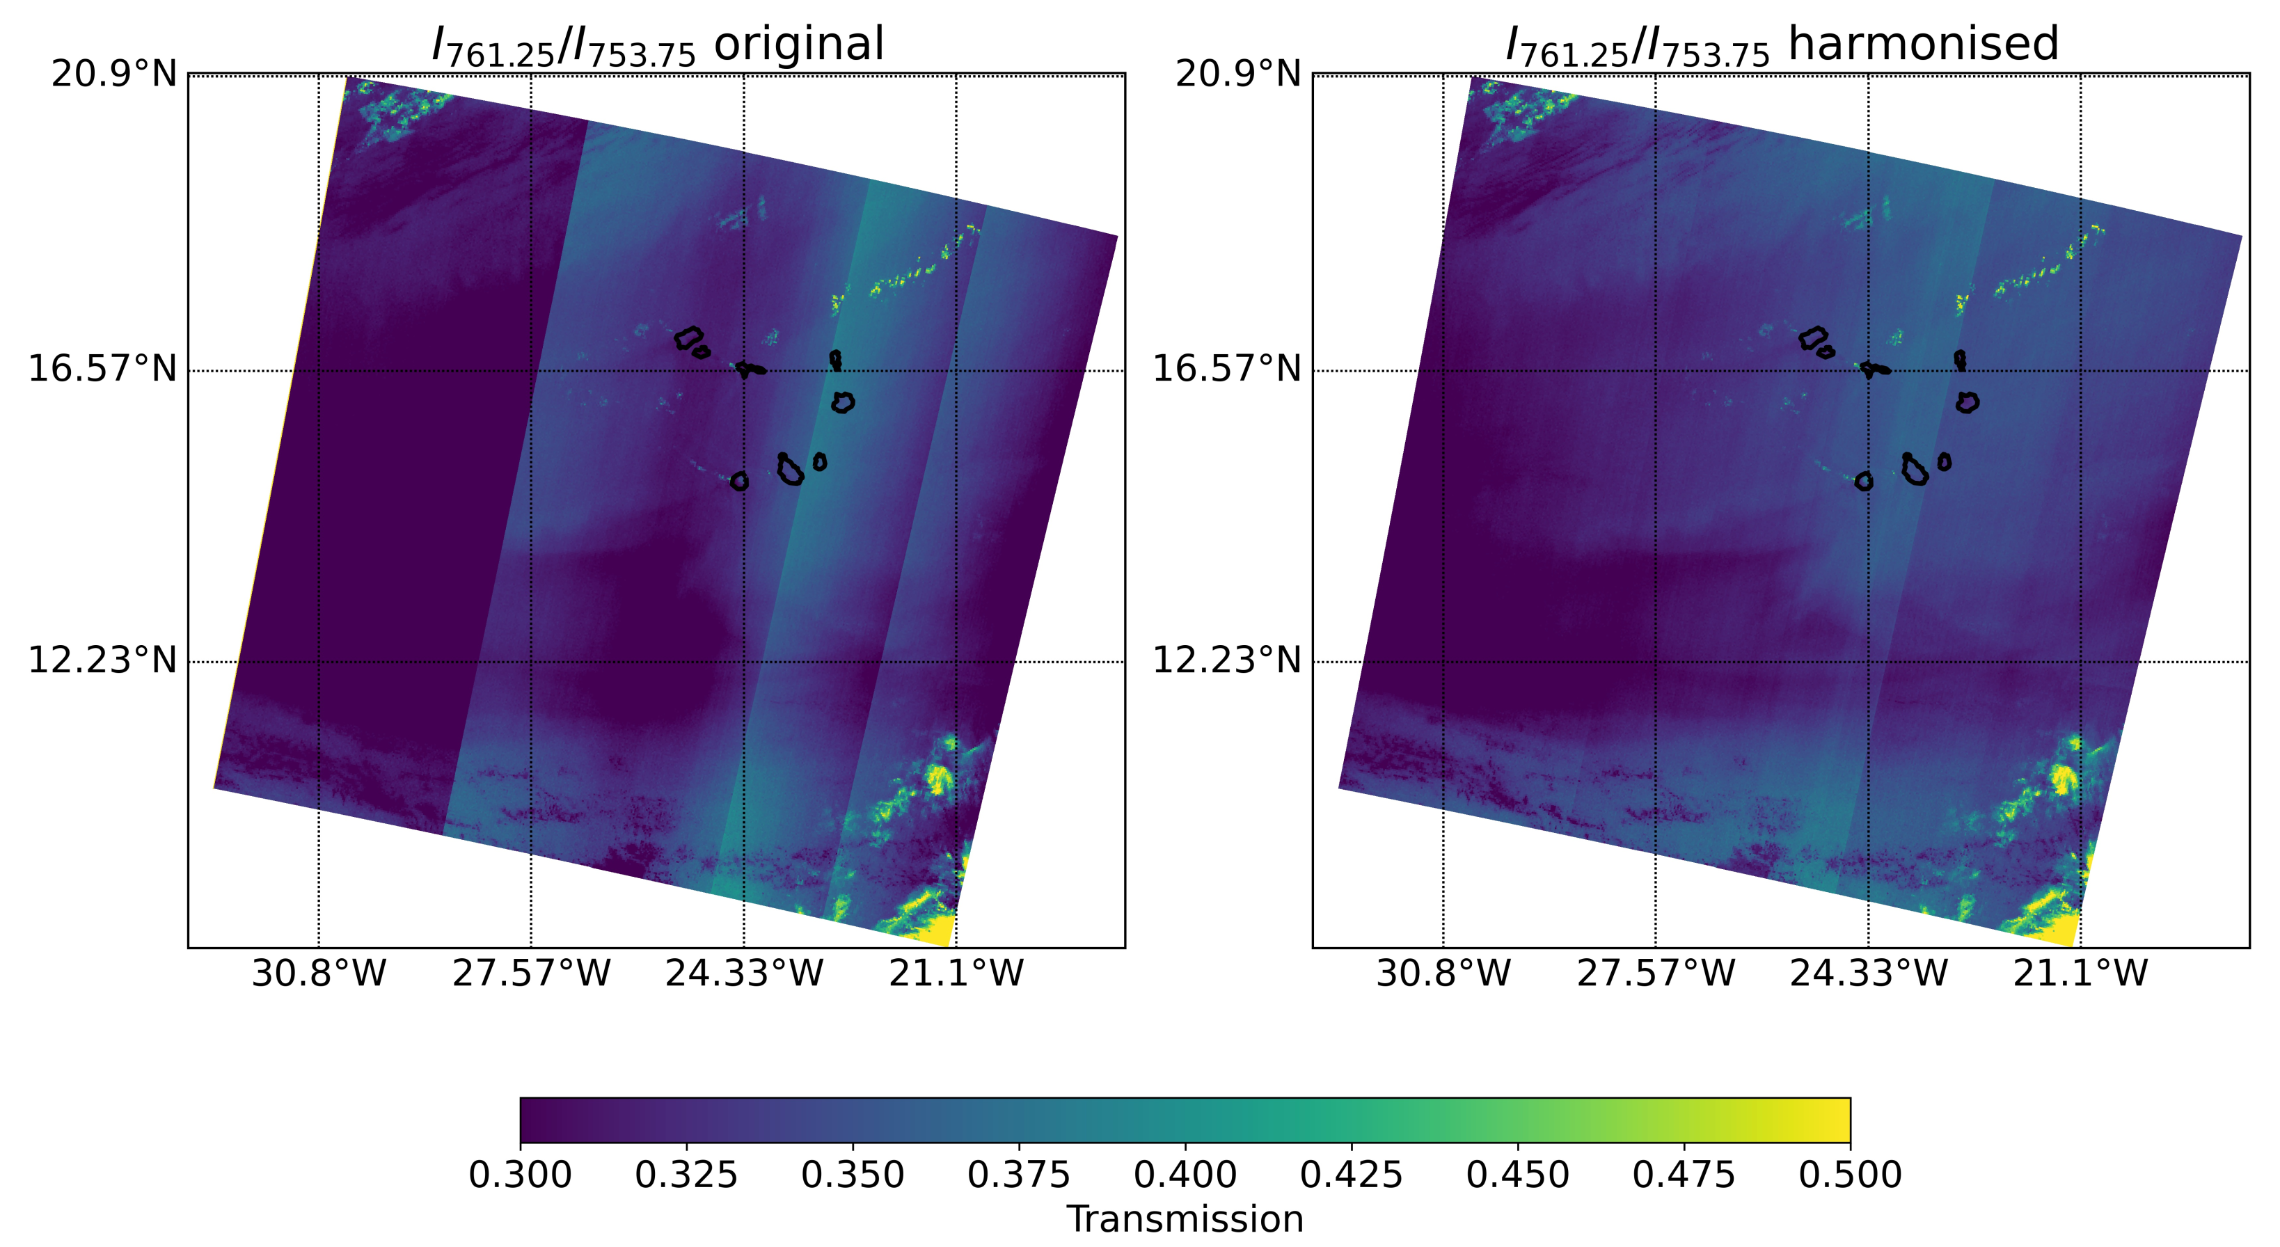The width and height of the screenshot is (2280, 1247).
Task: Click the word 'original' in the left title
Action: pyautogui.click(x=798, y=45)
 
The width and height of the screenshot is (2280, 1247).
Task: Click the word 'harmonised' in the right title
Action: pyautogui.click(x=1922, y=45)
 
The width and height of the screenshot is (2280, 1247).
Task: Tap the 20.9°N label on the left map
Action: pyautogui.click(x=114, y=74)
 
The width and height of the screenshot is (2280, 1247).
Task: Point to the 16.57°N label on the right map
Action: pyautogui.click(x=1226, y=368)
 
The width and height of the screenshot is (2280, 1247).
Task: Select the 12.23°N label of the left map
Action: pyautogui.click(x=102, y=660)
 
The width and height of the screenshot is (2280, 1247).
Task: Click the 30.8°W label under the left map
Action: pyautogui.click(x=319, y=974)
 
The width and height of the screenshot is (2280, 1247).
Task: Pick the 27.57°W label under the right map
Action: pyautogui.click(x=1656, y=974)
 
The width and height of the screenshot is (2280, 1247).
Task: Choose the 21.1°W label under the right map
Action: pyautogui.click(x=2080, y=974)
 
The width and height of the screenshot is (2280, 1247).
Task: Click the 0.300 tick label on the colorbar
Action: pyautogui.click(x=520, y=1175)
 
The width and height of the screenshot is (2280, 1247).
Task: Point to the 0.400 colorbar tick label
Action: pyautogui.click(x=1185, y=1175)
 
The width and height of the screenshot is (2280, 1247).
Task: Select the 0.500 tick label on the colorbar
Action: pyautogui.click(x=1850, y=1175)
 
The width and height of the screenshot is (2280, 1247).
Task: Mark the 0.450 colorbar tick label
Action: pyautogui.click(x=1517, y=1175)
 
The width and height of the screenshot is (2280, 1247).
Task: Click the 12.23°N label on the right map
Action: pyautogui.click(x=1226, y=660)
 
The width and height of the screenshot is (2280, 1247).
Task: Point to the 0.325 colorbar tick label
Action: pyautogui.click(x=686, y=1175)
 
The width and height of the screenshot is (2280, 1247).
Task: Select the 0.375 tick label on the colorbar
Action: pyautogui.click(x=1019, y=1175)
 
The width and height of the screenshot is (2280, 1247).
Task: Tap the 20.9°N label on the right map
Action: pyautogui.click(x=1238, y=74)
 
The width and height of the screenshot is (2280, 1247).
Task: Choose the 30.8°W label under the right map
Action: pyautogui.click(x=1443, y=974)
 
